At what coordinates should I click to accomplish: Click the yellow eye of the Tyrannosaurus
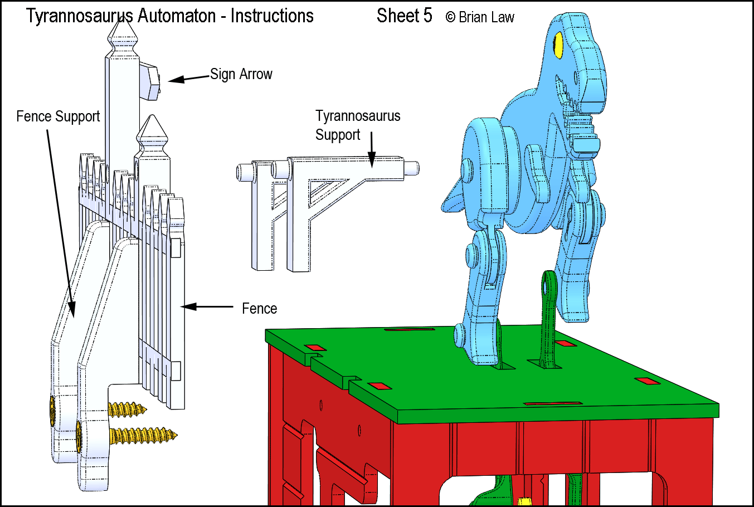click(x=558, y=45)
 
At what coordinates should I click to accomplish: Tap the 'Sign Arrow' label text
click(x=241, y=74)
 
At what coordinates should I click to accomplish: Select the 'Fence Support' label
click(x=58, y=116)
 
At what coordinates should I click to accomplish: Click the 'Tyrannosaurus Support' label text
click(x=357, y=125)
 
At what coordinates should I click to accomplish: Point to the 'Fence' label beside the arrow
click(x=259, y=308)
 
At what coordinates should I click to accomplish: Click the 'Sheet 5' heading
click(x=404, y=16)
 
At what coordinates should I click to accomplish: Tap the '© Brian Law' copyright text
click(x=480, y=17)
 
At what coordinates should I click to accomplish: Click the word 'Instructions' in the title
click(x=272, y=16)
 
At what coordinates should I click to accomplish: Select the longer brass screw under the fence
click(x=143, y=435)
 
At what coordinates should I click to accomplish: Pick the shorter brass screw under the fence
click(x=127, y=409)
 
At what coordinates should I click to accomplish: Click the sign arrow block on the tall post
click(x=149, y=81)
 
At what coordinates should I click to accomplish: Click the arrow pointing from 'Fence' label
click(x=207, y=306)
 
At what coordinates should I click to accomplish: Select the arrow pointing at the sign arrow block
click(x=189, y=79)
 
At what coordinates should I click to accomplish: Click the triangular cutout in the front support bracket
click(x=325, y=191)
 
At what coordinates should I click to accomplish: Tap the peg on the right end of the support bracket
click(x=411, y=168)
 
